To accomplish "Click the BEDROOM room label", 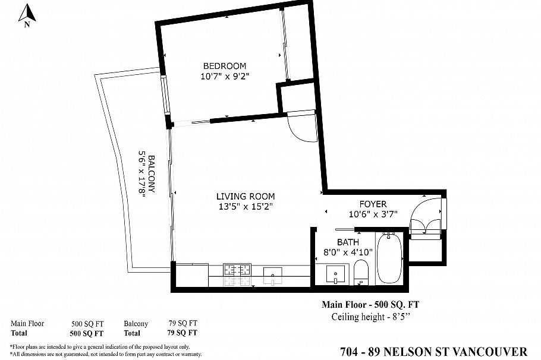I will point(224,66).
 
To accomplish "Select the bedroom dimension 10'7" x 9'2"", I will point(224,76).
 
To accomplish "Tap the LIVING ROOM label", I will point(245,197).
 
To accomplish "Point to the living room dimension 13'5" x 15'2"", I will point(245,207).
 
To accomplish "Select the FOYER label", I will point(373,204).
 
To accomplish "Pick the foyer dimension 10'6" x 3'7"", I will point(373,214).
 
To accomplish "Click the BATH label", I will point(348,242).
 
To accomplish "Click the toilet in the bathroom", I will point(361,274).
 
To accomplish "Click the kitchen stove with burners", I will point(236,270).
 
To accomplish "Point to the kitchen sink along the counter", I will point(274,273).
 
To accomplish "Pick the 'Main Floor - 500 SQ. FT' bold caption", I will point(370,305).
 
